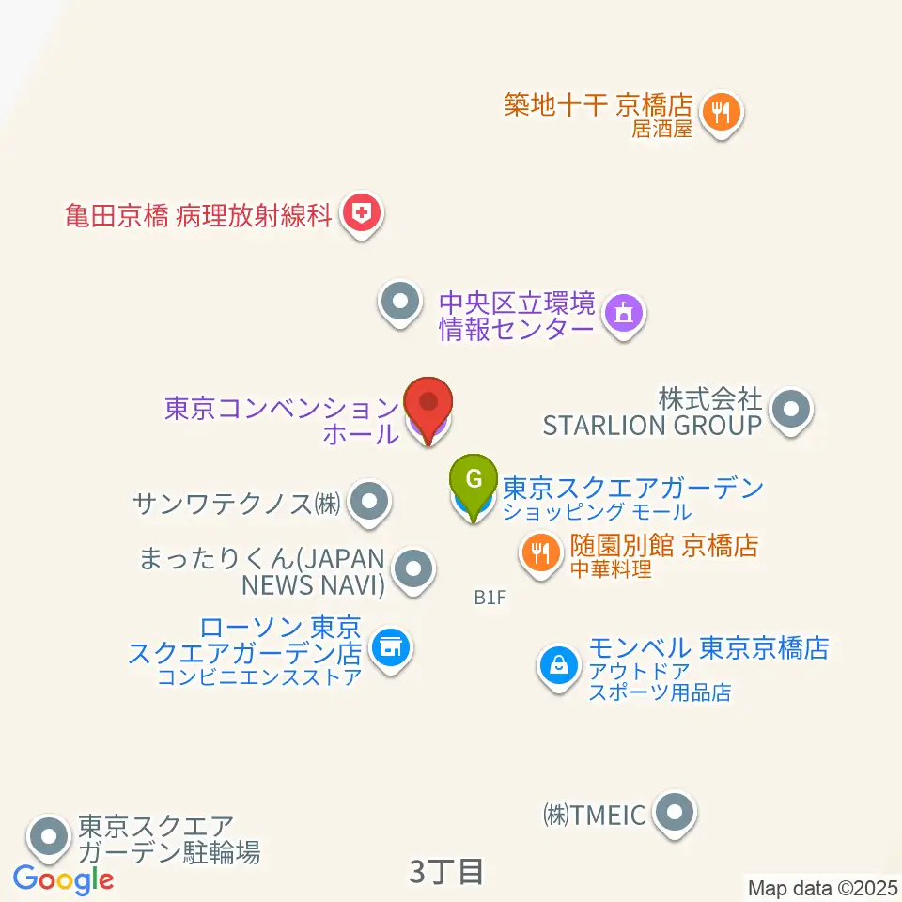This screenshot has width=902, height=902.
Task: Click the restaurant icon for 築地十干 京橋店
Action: click(x=722, y=113)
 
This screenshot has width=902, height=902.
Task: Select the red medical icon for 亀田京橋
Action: click(x=361, y=215)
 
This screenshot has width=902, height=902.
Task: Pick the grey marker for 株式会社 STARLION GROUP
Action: click(x=791, y=410)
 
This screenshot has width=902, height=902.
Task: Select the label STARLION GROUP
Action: click(x=651, y=425)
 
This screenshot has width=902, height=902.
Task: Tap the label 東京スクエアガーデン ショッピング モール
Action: click(x=632, y=498)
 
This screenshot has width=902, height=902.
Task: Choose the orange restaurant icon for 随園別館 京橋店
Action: click(x=539, y=552)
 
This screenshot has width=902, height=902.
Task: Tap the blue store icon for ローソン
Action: click(x=389, y=647)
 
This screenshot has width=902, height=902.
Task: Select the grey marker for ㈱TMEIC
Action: click(x=674, y=813)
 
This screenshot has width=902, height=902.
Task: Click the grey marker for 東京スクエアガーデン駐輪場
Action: click(x=49, y=834)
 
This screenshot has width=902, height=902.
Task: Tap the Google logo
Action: click(x=63, y=880)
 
